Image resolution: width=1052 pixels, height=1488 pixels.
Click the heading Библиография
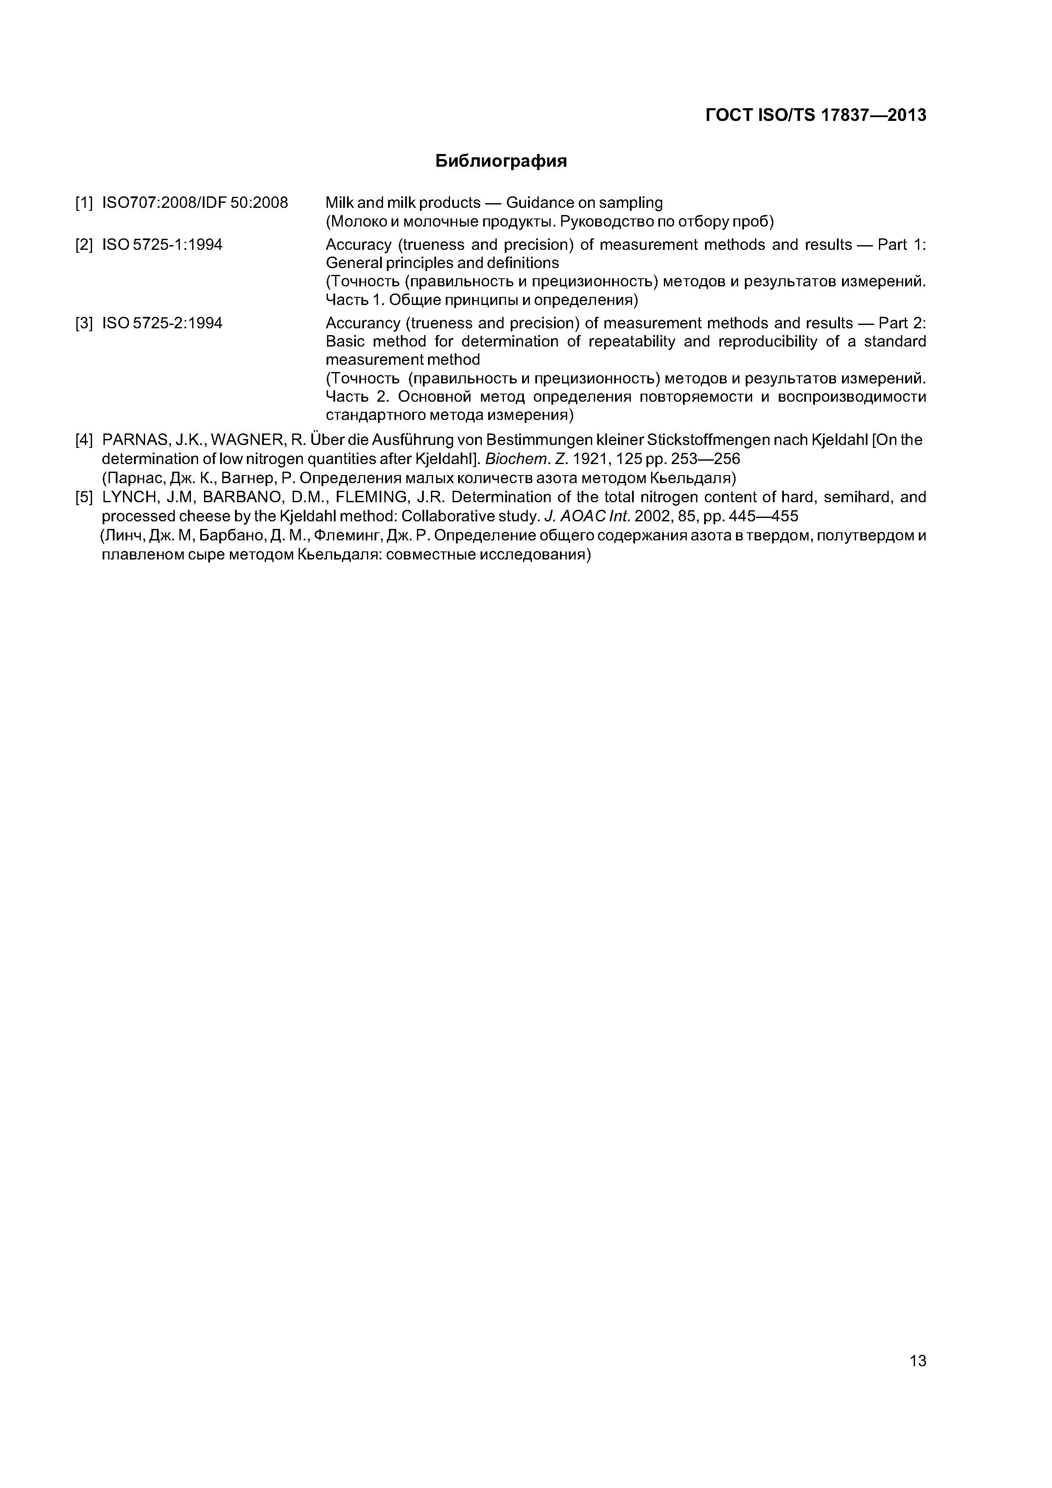[501, 161]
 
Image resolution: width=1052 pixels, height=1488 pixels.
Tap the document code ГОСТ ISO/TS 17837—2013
[815, 115]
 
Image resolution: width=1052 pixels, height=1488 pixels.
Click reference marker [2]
[84, 245]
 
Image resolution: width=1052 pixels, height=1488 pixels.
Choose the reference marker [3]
[84, 323]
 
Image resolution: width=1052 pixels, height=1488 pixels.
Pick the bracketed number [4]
[84, 440]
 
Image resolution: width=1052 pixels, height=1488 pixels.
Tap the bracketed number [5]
[84, 498]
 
